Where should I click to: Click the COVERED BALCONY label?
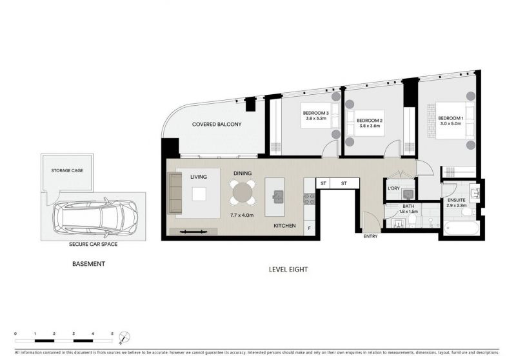coord(217,125)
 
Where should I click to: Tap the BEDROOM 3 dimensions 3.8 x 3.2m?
coord(316,119)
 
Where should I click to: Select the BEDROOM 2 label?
coord(370,121)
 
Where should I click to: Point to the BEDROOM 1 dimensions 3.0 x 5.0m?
coord(451,124)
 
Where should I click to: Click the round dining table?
coord(243,192)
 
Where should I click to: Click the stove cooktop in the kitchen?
coord(310,199)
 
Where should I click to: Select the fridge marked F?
coord(309,228)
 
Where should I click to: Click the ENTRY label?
coord(370,236)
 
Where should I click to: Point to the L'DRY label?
coord(393,188)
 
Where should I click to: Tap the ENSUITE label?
coord(457,200)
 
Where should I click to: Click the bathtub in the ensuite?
coord(461,228)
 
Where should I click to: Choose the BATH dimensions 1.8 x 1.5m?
coord(408,212)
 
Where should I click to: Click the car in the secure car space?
coord(95,217)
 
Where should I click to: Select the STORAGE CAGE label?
coord(67,170)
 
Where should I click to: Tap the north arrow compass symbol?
coord(124,337)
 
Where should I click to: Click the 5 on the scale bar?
coord(112,334)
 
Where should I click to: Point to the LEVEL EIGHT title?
coord(288,270)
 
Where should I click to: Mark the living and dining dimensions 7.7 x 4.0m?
coord(242,215)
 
